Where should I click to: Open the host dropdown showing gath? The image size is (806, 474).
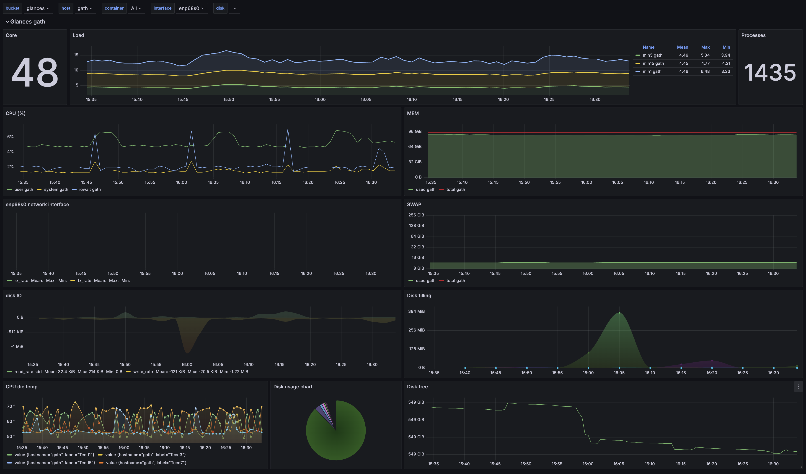pos(85,8)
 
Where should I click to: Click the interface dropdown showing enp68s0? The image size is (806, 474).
pos(191,8)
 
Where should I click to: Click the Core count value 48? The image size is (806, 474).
pos(35,73)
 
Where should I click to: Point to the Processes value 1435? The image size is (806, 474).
pos(770,73)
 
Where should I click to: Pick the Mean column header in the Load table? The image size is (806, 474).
pos(682,47)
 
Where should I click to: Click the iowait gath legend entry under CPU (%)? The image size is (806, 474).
pos(90,190)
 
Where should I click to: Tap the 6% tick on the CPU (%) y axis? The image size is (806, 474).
pos(10,137)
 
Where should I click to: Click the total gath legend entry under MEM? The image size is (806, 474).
pos(455,190)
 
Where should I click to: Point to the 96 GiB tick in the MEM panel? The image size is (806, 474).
pos(415,132)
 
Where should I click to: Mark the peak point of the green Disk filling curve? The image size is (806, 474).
pos(619,313)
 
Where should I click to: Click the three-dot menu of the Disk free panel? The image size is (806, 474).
pos(798,387)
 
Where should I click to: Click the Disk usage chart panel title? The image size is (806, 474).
pos(293,387)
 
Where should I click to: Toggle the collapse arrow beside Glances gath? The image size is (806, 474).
pos(7,22)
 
